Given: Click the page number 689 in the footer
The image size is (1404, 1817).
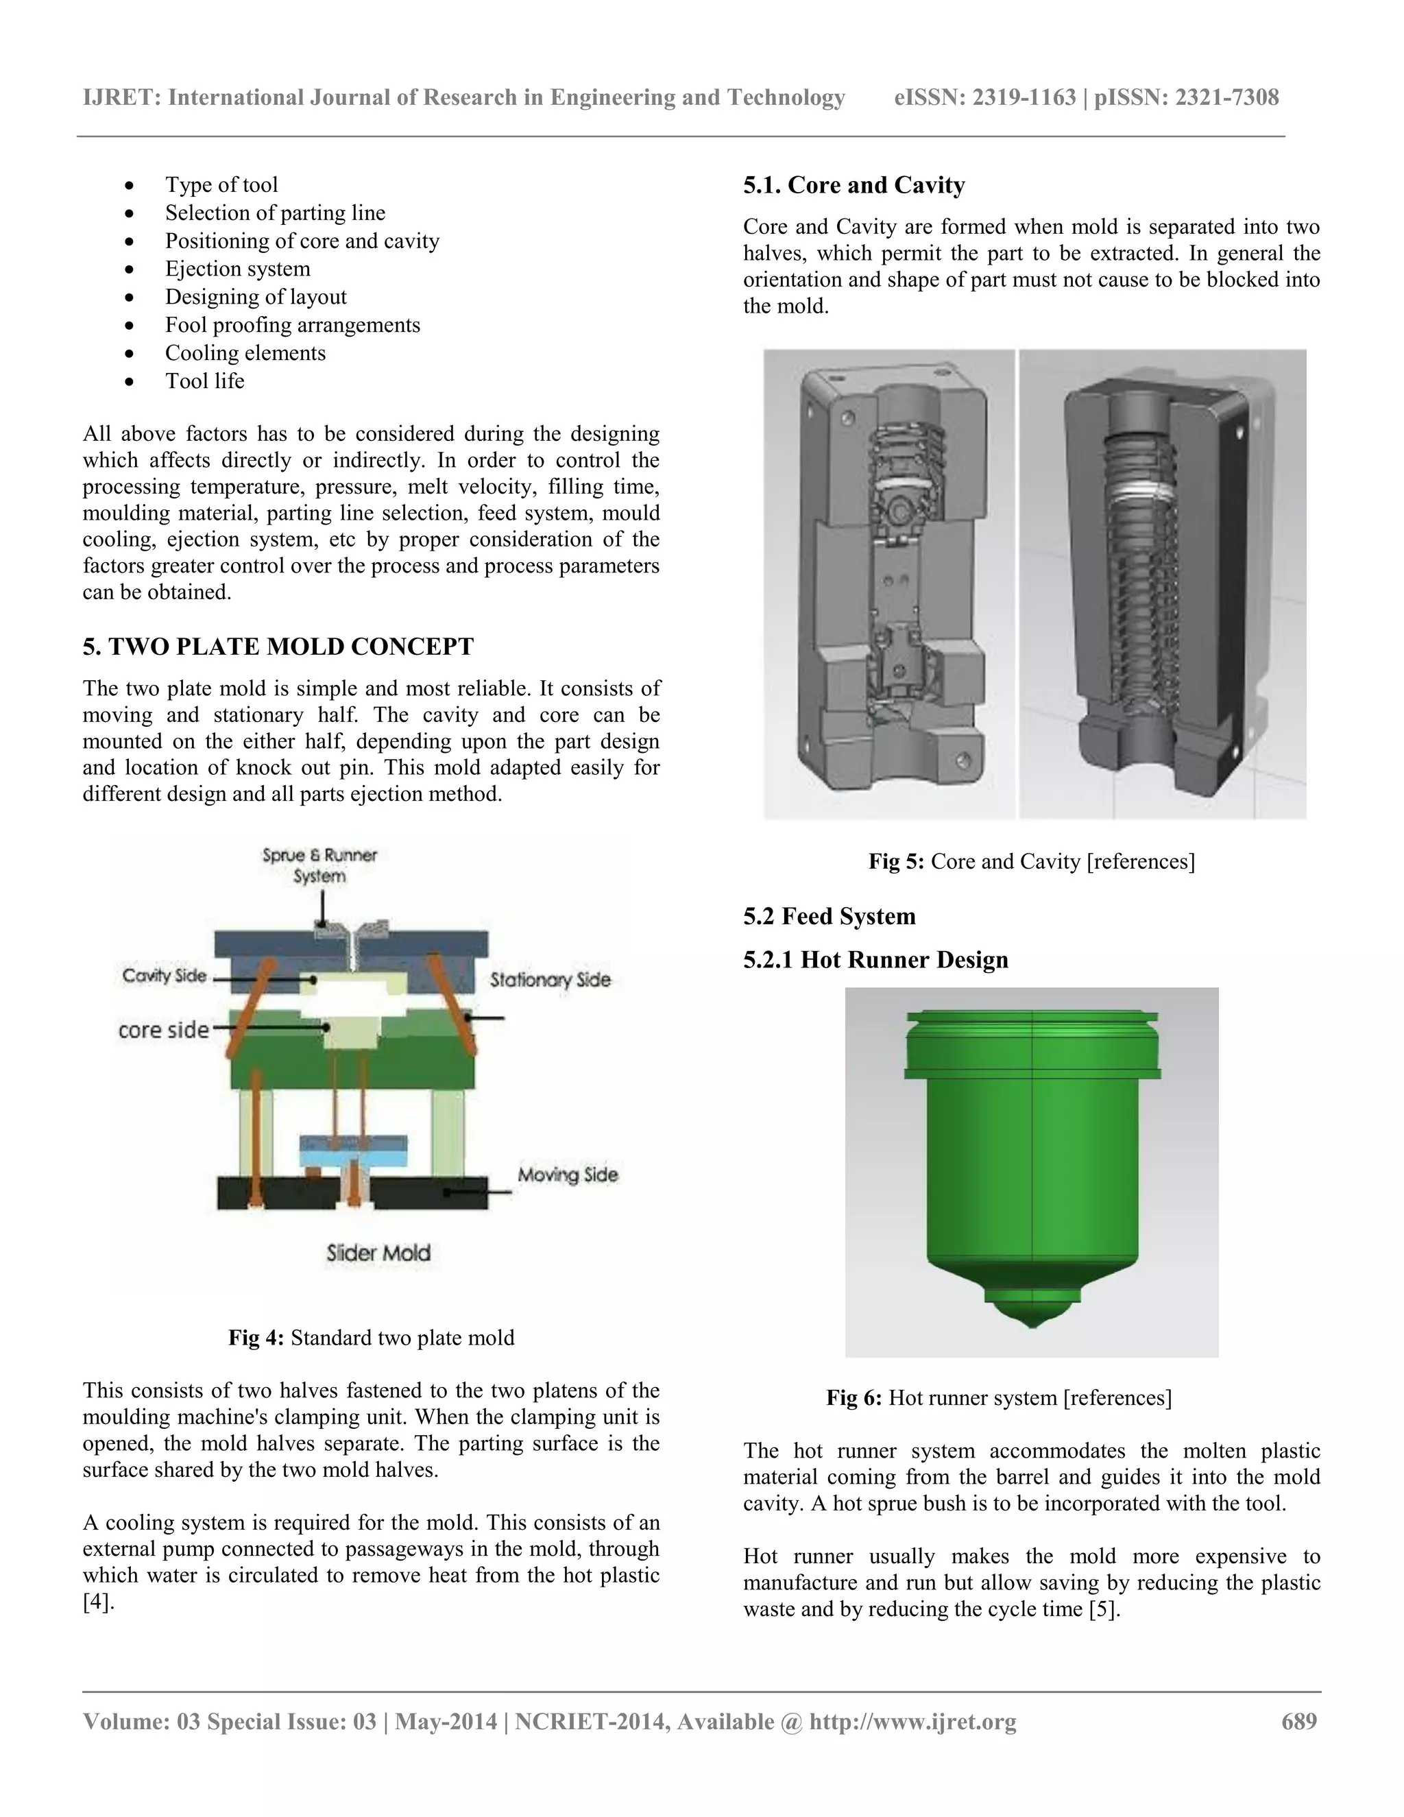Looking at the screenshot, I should click(1299, 1721).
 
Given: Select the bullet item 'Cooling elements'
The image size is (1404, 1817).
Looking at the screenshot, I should click(245, 352).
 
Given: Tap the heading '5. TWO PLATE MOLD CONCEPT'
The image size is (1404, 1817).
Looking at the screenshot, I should click(278, 647).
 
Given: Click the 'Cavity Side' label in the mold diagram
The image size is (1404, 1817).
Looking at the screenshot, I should click(164, 975).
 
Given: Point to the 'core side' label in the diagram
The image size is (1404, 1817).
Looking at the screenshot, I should click(163, 1030).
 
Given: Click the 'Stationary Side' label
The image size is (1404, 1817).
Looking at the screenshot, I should click(550, 980).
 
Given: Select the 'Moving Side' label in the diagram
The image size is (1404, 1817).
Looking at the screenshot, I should click(567, 1175).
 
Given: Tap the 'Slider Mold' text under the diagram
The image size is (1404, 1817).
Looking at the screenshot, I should click(378, 1253).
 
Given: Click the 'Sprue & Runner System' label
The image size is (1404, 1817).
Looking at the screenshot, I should click(319, 865).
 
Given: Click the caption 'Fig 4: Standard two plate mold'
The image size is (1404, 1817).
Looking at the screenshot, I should click(371, 1338).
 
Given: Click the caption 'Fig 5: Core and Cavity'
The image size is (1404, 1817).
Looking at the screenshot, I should click(1031, 861).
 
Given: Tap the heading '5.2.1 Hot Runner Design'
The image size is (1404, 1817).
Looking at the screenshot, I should click(875, 960).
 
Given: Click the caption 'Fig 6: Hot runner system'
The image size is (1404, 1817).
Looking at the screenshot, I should click(998, 1397).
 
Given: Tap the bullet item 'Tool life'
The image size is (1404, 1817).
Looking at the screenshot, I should click(204, 381).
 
